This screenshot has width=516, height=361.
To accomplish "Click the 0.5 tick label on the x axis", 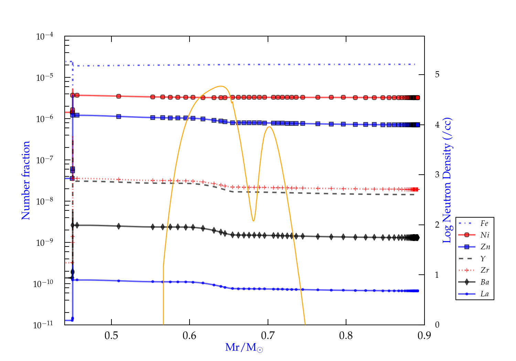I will tap(111, 336).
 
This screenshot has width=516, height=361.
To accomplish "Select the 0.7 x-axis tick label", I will tap(268, 336).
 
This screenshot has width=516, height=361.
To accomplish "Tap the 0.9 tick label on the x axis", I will tap(424, 336).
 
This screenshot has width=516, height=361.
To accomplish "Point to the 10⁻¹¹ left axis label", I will tap(43, 325).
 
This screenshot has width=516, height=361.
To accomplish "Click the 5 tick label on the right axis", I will tap(437, 75).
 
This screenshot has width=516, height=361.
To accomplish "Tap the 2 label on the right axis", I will tap(437, 225).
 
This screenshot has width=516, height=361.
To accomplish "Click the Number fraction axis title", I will tap(26, 180).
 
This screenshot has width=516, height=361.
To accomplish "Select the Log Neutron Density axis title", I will tap(447, 180).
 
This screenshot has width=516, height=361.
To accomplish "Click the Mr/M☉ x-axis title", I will tap(244, 347).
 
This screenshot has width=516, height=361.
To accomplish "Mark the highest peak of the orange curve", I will tap(221, 86).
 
